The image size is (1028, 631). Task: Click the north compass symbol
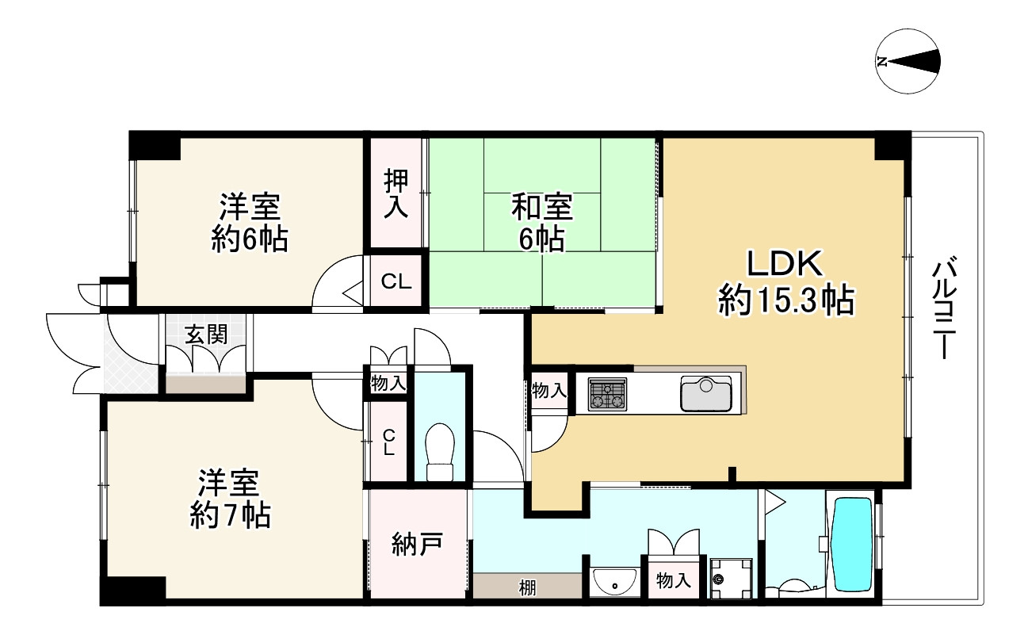coord(908,62)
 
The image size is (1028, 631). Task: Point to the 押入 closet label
coord(396,194)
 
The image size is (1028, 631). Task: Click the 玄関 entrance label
coord(205,334)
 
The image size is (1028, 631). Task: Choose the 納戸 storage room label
coord(417,545)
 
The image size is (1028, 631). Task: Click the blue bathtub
coord(851,544)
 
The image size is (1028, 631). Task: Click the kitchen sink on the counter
coord(705,394)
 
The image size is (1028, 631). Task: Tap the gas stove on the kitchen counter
coord(607,394)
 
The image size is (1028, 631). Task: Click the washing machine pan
coord(730,577)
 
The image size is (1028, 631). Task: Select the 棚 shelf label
coord(527,587)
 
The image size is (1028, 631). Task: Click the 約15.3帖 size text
coord(785,302)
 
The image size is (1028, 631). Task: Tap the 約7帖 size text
coord(231,516)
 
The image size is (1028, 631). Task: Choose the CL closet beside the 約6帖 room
coord(396,281)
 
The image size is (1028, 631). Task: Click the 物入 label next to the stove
coord(549,390)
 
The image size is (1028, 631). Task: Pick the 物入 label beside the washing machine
coord(674,581)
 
